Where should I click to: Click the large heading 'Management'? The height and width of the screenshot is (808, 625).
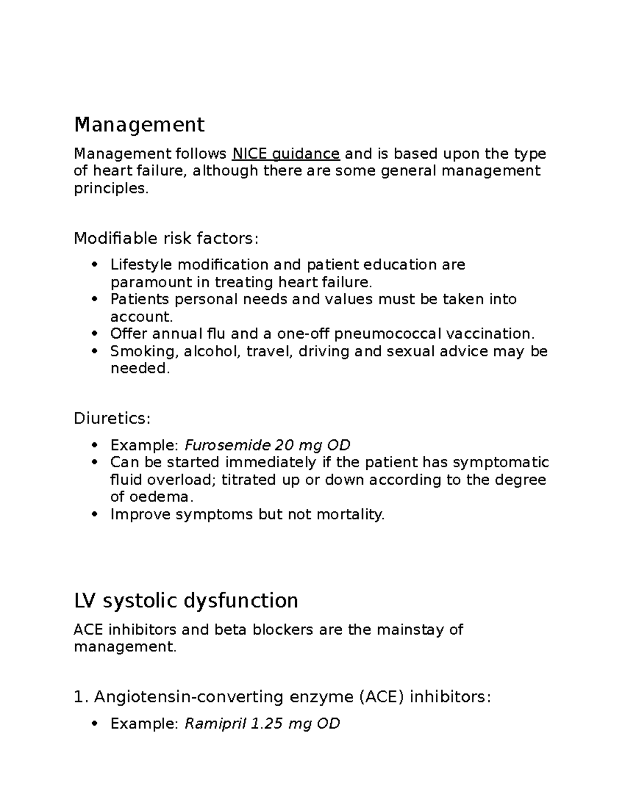[139, 125]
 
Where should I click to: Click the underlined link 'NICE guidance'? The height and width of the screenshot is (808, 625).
[286, 154]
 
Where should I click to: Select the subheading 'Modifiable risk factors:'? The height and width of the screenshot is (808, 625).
[166, 238]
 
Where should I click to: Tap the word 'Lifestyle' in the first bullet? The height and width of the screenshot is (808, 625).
[141, 265]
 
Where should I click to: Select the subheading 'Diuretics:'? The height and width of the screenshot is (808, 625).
[112, 418]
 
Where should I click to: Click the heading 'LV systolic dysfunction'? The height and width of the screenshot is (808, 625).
[186, 600]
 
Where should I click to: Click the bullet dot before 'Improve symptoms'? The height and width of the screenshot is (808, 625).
[94, 515]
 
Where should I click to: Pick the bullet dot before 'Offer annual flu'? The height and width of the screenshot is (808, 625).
[94, 334]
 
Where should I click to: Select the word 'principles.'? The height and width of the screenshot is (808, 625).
[111, 188]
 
